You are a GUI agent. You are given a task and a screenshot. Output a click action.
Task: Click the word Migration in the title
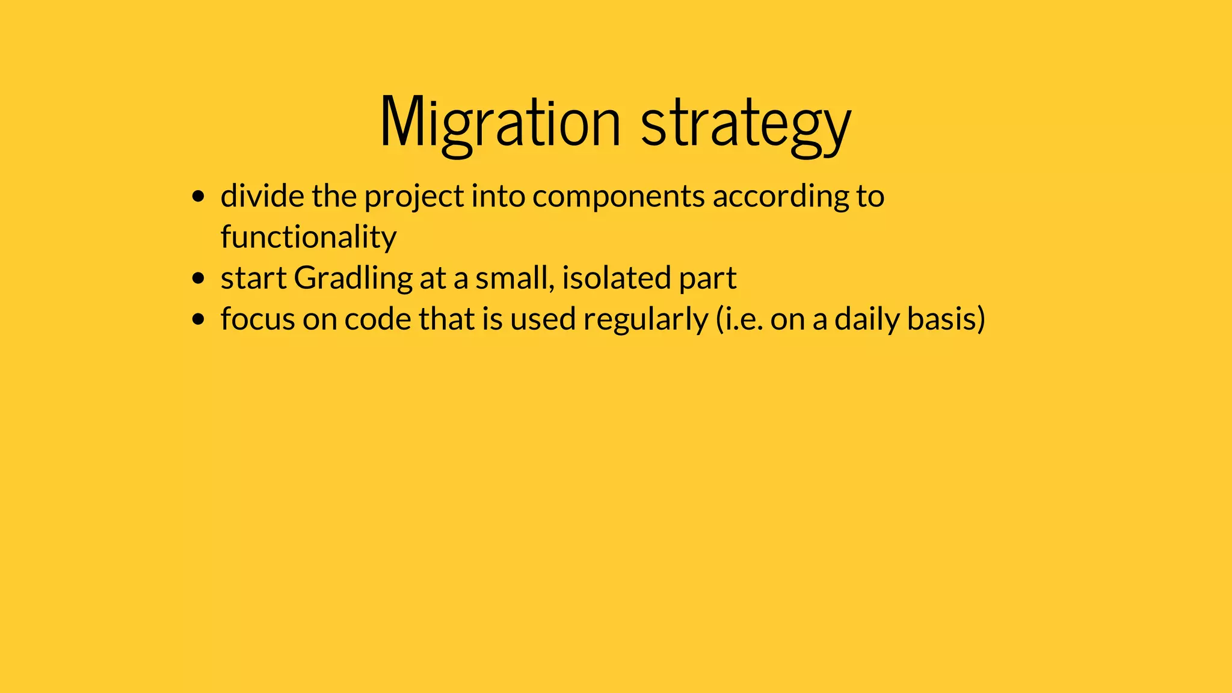(500, 123)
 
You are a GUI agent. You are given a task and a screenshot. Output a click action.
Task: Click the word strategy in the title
(746, 123)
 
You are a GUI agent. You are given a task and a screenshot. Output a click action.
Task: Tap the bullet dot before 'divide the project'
(198, 197)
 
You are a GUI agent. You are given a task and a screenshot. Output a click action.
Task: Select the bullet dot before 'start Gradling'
(198, 279)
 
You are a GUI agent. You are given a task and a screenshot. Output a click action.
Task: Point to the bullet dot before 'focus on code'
(198, 319)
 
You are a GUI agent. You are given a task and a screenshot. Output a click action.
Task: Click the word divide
(262, 196)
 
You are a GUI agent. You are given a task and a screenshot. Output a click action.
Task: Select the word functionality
(308, 237)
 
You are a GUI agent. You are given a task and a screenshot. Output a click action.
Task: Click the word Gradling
(353, 279)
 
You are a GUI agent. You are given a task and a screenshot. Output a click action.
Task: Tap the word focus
(257, 319)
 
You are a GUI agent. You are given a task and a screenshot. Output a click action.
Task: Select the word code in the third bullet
(377, 319)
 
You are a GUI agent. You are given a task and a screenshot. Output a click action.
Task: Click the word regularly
(645, 319)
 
